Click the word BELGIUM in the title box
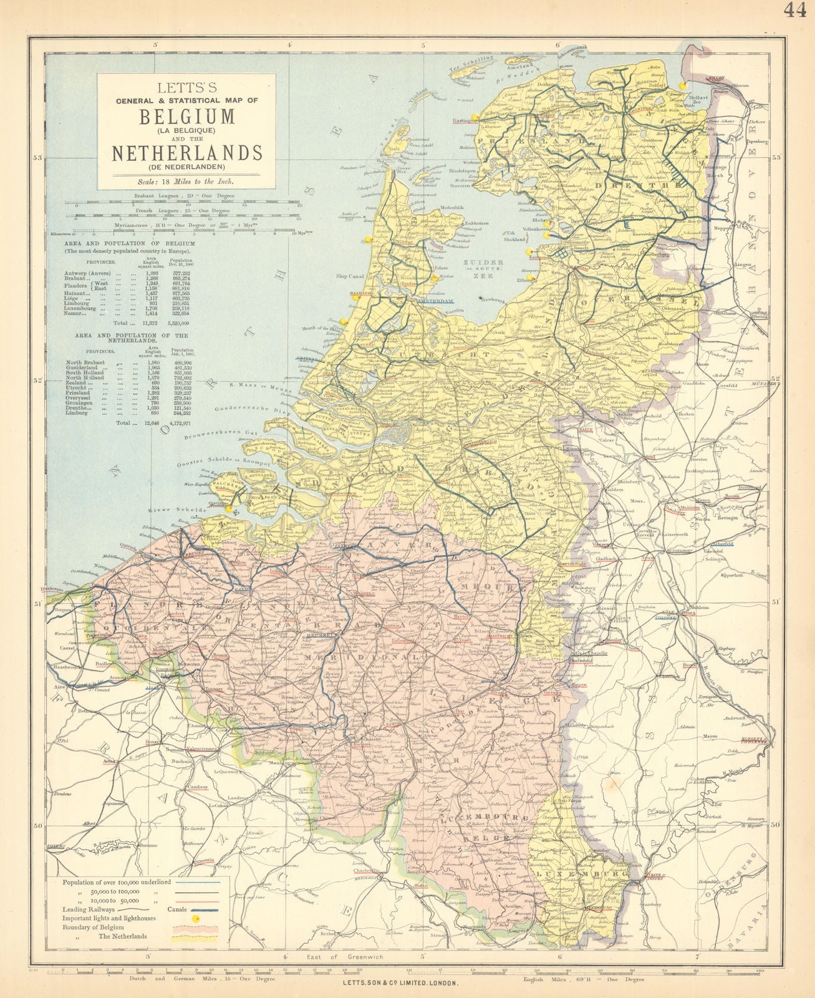coord(186,116)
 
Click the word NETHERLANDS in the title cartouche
coord(186,152)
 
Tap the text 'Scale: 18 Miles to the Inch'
coord(186,182)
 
